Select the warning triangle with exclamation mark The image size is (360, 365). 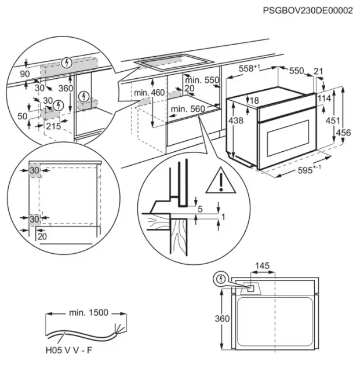tap(220, 180)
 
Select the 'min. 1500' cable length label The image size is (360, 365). tap(88, 312)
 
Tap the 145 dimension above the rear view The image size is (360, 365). tap(263, 266)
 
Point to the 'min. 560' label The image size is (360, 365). tap(189, 108)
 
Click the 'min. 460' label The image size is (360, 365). tap(149, 92)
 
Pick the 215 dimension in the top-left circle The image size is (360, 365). tap(53, 126)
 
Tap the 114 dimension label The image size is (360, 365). tap(324, 98)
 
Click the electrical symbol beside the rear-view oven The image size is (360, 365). tap(220, 279)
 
